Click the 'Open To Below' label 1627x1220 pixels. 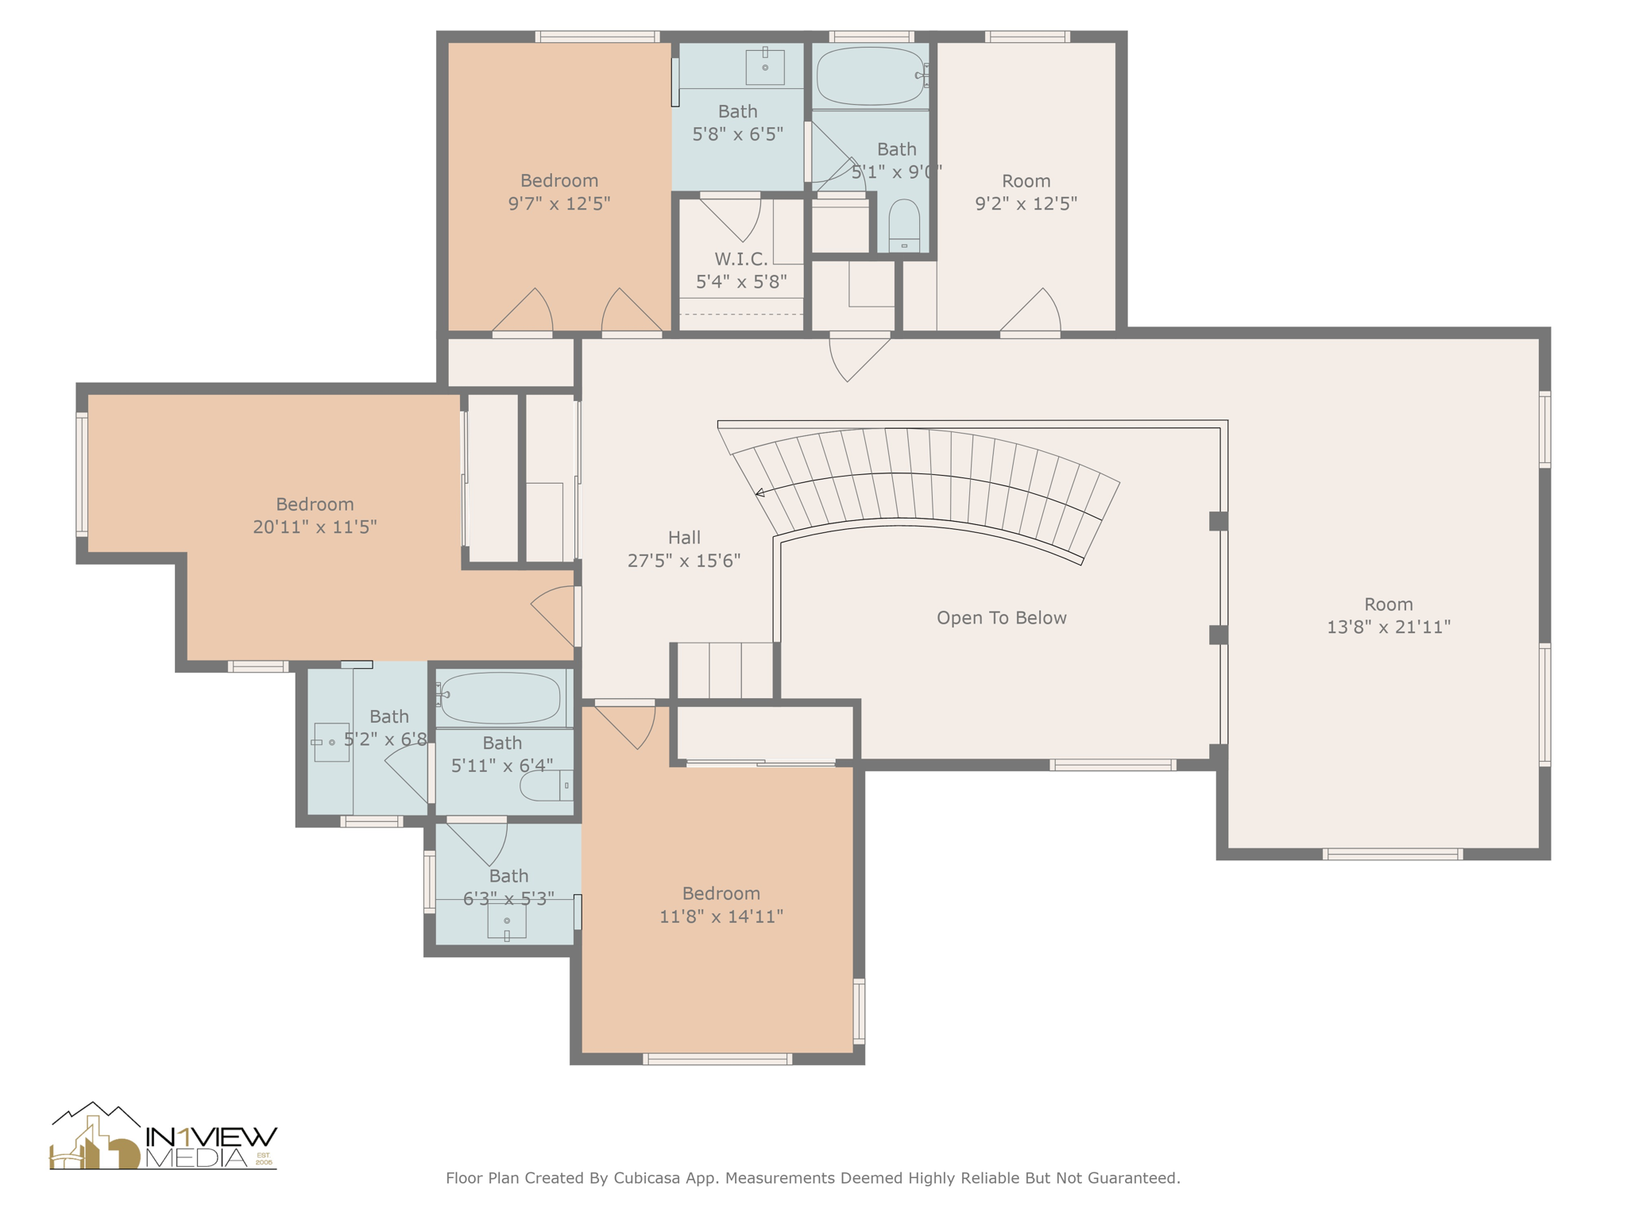(1001, 618)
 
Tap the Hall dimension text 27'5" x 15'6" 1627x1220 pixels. (684, 561)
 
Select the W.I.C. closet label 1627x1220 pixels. (741, 259)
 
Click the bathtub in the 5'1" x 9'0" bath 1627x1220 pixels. (871, 76)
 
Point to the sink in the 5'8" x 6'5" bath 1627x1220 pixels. (765, 67)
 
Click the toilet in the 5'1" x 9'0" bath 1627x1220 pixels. (904, 226)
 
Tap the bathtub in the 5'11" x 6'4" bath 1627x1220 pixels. (500, 697)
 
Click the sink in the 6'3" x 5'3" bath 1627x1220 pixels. (507, 921)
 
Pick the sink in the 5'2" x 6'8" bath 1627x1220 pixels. (331, 742)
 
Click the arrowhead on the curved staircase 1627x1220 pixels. (759, 493)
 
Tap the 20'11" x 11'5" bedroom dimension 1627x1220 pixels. (315, 527)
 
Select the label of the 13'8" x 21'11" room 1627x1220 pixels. (1388, 604)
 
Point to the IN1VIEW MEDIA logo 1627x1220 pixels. (164, 1138)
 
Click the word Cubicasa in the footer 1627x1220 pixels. (646, 1178)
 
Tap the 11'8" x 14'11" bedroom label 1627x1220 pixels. (721, 894)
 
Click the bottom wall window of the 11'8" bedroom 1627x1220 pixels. (717, 1059)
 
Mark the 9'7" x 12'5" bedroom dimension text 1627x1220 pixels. (558, 203)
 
